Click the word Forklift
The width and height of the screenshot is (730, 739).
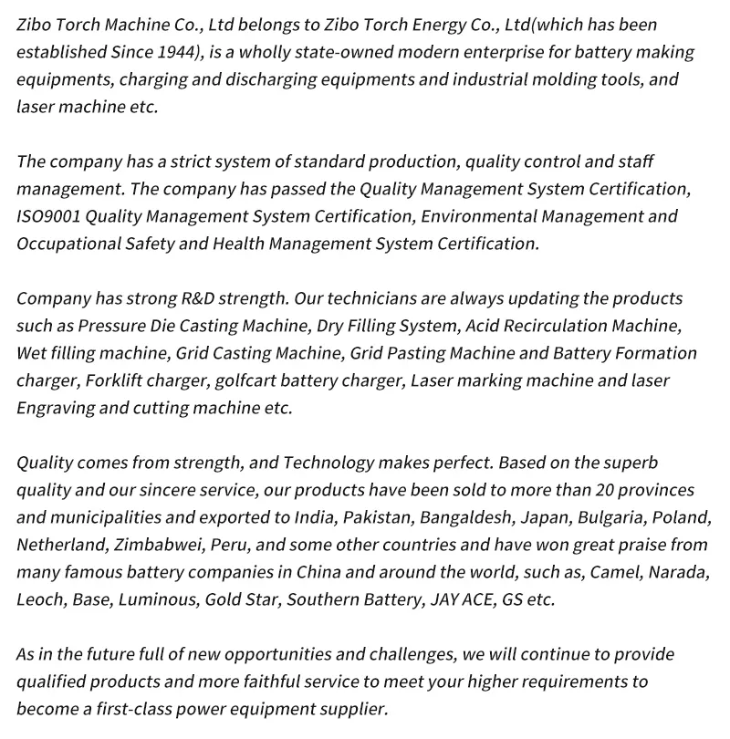(x=116, y=380)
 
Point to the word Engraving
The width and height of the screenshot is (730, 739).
(x=55, y=408)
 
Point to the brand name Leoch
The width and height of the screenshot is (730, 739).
(x=38, y=599)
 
